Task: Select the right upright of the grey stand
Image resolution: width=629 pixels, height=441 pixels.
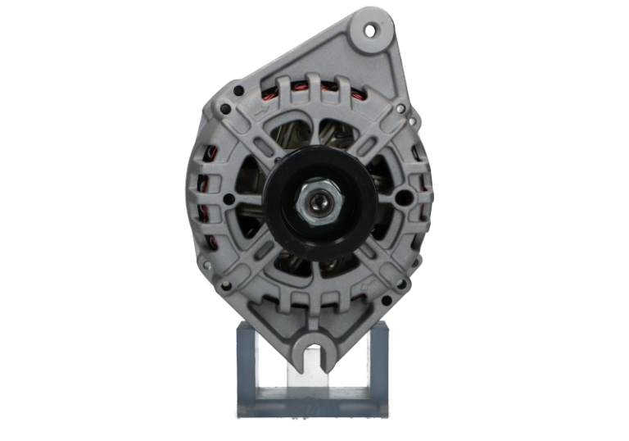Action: (380, 361)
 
